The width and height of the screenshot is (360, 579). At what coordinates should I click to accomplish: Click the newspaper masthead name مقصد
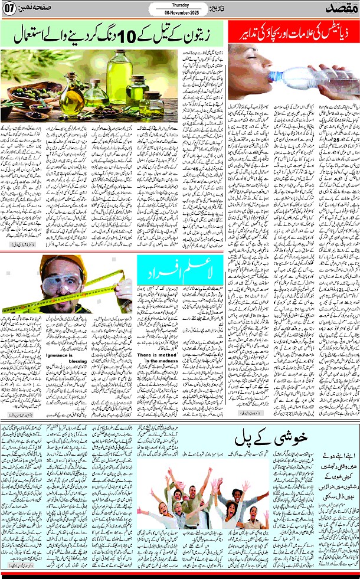[341, 9]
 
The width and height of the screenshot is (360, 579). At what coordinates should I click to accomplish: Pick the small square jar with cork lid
[151, 103]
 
